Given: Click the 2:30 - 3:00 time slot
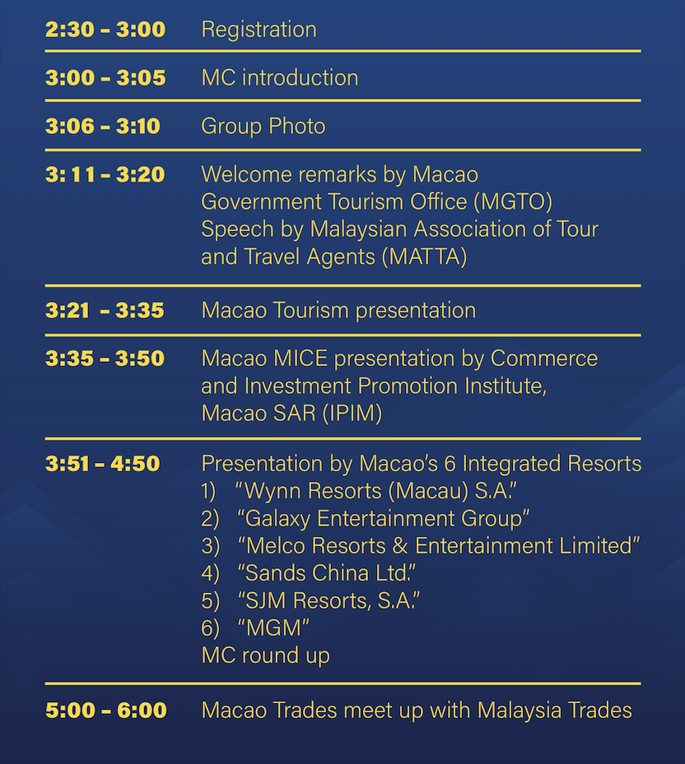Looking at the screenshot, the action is (105, 30).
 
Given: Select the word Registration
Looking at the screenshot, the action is (259, 30).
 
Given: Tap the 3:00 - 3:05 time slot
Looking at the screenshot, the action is (105, 78).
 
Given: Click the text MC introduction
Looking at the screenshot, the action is (280, 78).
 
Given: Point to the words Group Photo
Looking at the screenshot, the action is (263, 127).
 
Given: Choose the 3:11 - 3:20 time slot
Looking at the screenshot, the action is (105, 174).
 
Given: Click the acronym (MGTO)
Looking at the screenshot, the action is (513, 202).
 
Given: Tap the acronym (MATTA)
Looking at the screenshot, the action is (425, 257).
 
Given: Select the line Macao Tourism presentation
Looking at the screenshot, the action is (338, 311).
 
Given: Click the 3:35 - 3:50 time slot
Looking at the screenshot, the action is (105, 359).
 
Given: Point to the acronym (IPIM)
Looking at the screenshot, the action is (352, 414).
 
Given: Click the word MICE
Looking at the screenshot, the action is (301, 359).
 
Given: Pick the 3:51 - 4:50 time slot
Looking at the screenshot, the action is (102, 464).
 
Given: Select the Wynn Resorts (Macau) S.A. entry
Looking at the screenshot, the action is (375, 491).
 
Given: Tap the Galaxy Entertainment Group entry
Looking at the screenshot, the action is (384, 519).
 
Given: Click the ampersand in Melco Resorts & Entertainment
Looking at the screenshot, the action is (400, 546).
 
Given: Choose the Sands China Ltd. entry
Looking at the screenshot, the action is (326, 573).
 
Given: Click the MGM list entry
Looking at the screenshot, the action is (273, 628).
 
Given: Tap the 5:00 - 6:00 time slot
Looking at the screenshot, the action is (106, 711).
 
